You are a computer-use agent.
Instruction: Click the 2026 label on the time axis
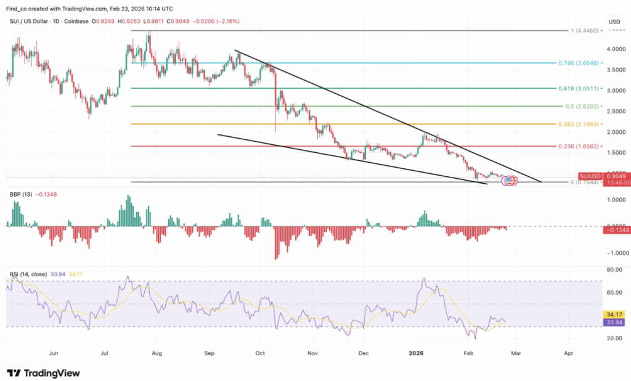point(417,354)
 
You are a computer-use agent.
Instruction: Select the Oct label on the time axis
point(259,354)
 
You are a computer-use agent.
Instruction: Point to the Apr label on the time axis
point(569,354)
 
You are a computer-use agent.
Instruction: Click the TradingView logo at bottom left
point(43,373)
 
